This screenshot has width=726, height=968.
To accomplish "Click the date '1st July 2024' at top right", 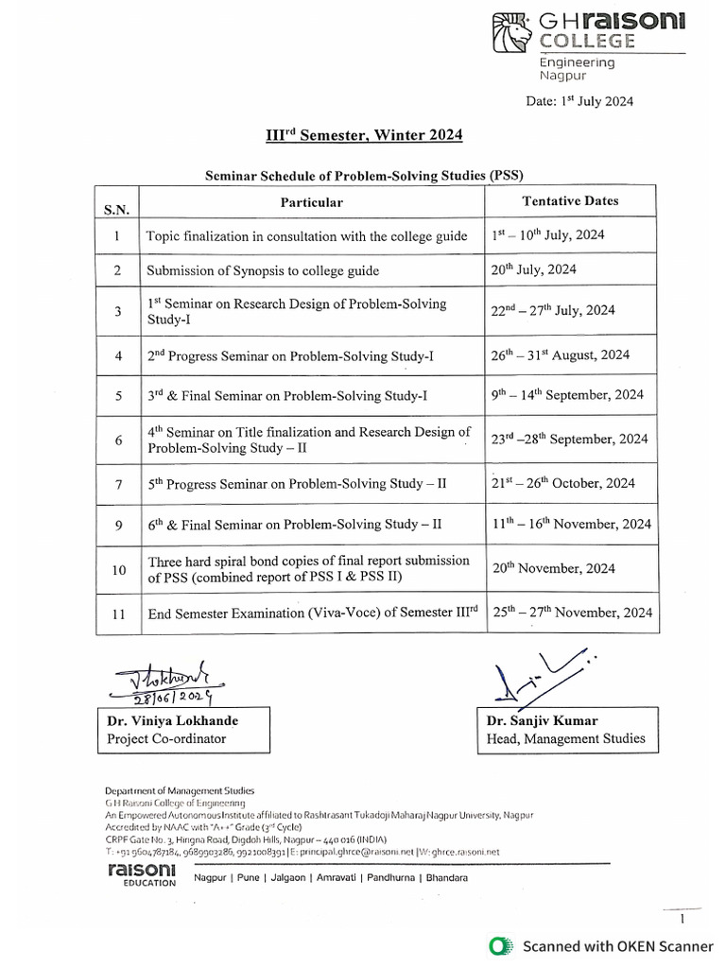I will click(x=579, y=101).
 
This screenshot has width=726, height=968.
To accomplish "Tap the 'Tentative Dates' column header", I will click(x=570, y=200).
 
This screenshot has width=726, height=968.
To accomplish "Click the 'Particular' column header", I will click(x=311, y=202).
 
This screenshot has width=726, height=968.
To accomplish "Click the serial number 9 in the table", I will click(x=117, y=524).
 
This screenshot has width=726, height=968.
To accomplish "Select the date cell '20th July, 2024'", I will click(x=533, y=269).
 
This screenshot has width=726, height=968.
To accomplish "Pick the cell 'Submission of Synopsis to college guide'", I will click(x=262, y=271).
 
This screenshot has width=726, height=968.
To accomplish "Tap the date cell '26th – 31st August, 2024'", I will click(x=560, y=355).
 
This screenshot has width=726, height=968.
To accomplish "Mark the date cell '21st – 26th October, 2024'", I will click(x=562, y=483).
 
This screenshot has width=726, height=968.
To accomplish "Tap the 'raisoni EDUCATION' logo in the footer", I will click(x=142, y=874).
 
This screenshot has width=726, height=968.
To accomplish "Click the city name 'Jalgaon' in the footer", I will click(x=286, y=878).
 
